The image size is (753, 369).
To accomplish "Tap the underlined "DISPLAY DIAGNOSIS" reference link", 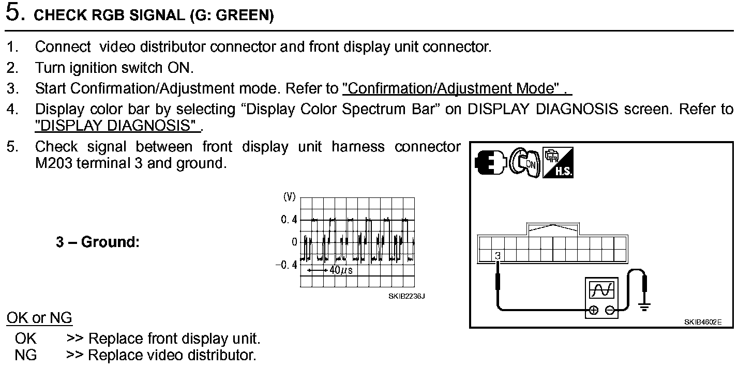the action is pyautogui.click(x=116, y=125).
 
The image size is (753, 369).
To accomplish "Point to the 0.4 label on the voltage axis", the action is pyautogui.click(x=289, y=220).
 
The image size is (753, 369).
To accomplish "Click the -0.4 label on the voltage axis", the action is pyautogui.click(x=287, y=265).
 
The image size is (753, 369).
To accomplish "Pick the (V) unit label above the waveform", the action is pyautogui.click(x=289, y=196).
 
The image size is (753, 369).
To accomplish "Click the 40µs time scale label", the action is pyautogui.click(x=341, y=270).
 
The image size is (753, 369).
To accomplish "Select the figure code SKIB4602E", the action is pyautogui.click(x=702, y=321).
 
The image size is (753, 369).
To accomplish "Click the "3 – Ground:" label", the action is pyautogui.click(x=98, y=242).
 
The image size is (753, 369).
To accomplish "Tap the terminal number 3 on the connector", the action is pyautogui.click(x=497, y=255).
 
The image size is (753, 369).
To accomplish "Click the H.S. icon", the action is pyautogui.click(x=558, y=163).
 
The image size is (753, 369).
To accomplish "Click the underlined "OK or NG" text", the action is pyautogui.click(x=39, y=317).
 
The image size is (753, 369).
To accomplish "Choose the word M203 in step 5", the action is pyautogui.click(x=54, y=164).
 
